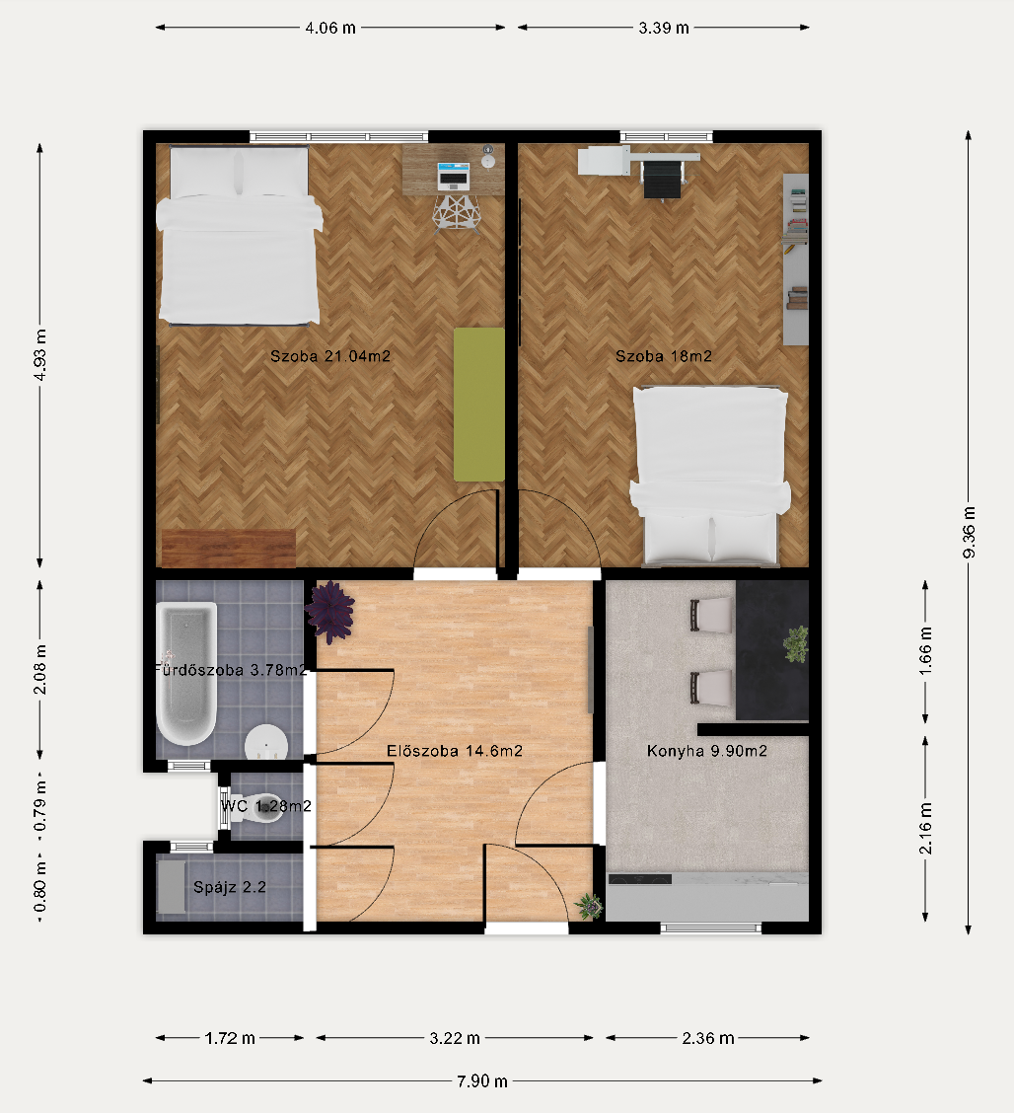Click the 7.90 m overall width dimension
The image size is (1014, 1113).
(481, 1081)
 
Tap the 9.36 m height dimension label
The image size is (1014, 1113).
(970, 533)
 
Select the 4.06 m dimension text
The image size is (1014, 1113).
(330, 28)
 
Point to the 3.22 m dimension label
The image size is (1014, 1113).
(455, 1038)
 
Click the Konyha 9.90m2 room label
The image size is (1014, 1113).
(707, 751)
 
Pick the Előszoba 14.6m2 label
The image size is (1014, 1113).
(455, 751)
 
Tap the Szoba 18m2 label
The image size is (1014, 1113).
(664, 356)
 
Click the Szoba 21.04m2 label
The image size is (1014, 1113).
(330, 356)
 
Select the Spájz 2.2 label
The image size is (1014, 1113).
(230, 887)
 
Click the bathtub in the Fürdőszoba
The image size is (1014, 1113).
(185, 673)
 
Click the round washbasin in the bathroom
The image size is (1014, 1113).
(266, 743)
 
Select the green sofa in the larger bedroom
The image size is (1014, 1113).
(479, 404)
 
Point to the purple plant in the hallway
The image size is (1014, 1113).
(330, 611)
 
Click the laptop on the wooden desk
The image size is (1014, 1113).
(454, 176)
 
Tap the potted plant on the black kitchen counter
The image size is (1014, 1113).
(796, 643)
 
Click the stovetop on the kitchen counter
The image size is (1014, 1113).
(640, 879)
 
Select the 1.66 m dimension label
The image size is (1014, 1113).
(926, 651)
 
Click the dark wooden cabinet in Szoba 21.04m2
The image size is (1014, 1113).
(229, 548)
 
